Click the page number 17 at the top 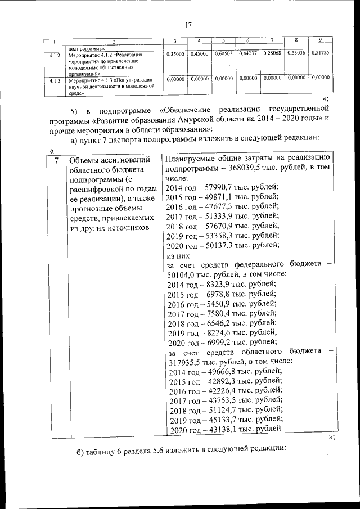[188, 25]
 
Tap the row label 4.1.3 [55, 80]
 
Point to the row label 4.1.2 [55, 56]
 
